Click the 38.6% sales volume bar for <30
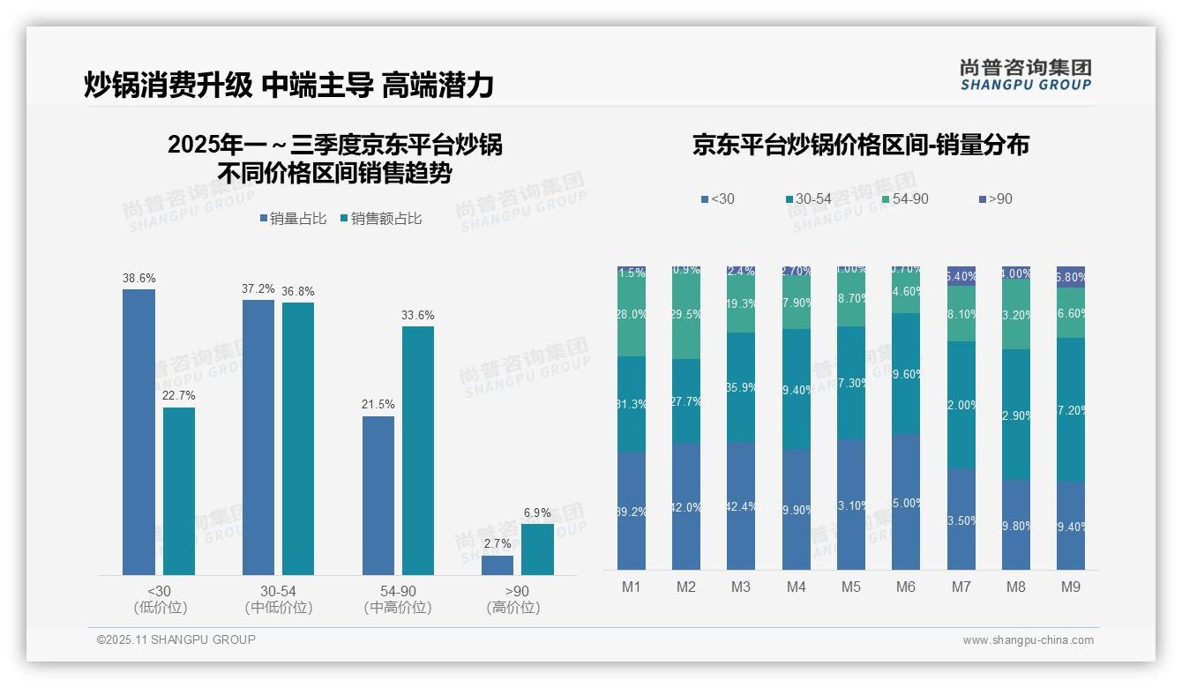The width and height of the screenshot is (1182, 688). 138,432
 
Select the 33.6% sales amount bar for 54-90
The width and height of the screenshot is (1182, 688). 418,451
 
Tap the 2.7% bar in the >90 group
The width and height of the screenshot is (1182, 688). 497,565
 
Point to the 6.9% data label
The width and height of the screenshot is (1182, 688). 537,513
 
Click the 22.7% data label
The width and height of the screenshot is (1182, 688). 179,396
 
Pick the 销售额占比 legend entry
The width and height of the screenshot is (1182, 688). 380,219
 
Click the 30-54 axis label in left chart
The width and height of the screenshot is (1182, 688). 278,591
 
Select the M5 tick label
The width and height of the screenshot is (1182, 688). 850,587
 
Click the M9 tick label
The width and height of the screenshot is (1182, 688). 1071,587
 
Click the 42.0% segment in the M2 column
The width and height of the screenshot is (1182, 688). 686,506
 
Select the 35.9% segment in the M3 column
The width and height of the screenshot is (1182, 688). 741,387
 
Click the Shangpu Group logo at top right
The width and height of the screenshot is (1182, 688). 1025,74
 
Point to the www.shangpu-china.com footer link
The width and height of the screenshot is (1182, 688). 1028,640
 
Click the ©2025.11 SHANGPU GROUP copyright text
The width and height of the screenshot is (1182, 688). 176,639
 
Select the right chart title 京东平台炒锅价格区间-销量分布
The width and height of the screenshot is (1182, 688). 860,146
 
